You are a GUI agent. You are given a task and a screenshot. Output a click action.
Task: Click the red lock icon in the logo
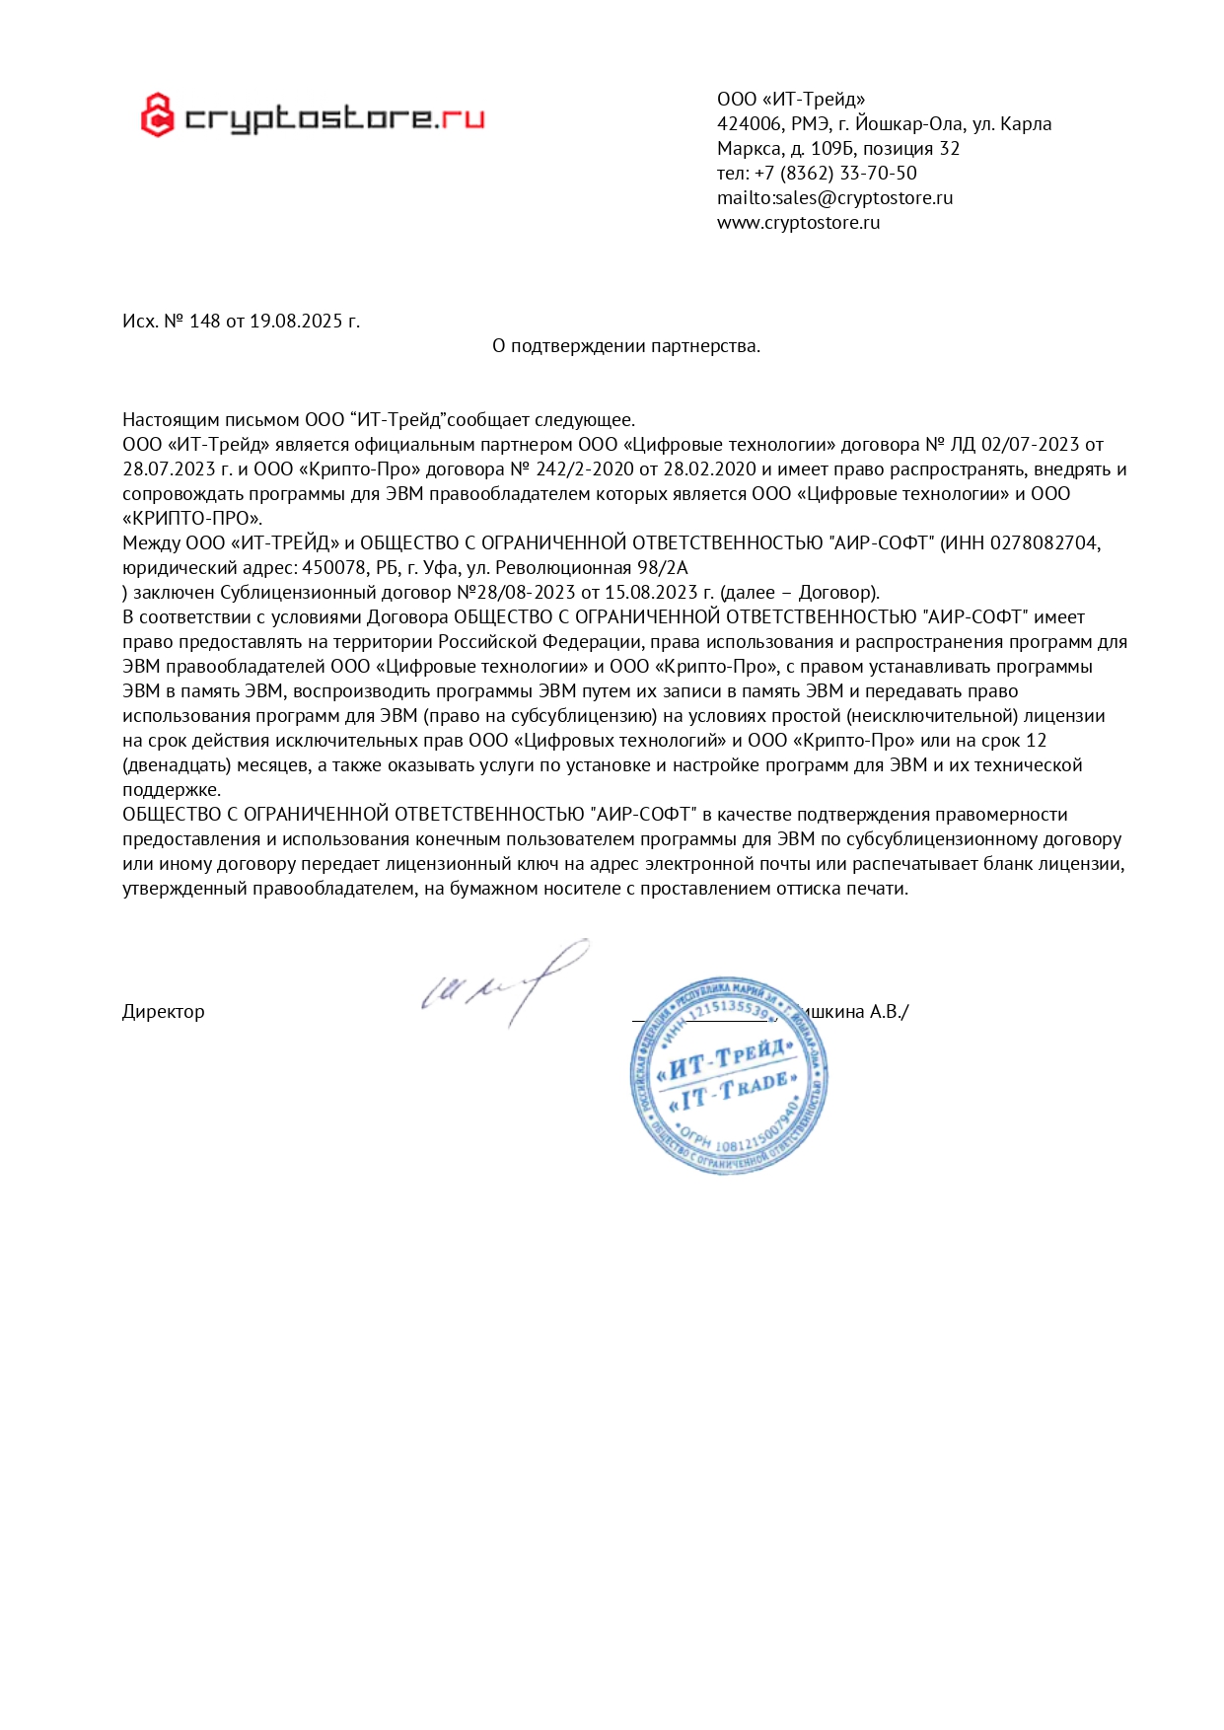tap(157, 115)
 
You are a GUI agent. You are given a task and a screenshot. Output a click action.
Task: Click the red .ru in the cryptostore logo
tap(461, 118)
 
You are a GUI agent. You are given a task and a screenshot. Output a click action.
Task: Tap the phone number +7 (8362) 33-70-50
tap(835, 173)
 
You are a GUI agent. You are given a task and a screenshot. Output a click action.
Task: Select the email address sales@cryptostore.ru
tap(864, 197)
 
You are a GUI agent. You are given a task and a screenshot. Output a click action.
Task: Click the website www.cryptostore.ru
tap(798, 222)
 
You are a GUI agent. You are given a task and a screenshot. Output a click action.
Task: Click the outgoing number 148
tap(205, 321)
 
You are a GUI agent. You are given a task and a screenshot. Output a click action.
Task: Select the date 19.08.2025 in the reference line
tap(296, 321)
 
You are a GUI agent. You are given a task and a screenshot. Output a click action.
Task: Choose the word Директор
tap(164, 1011)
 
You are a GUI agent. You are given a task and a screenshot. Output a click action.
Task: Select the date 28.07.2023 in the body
tap(163, 469)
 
